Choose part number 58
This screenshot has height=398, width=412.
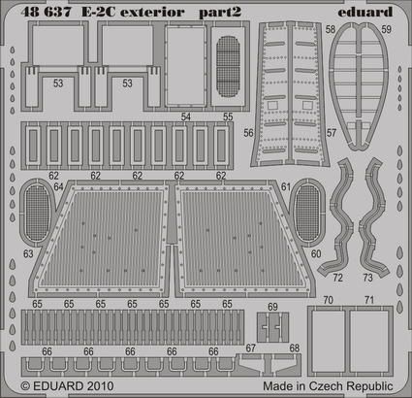pos(332,30)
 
